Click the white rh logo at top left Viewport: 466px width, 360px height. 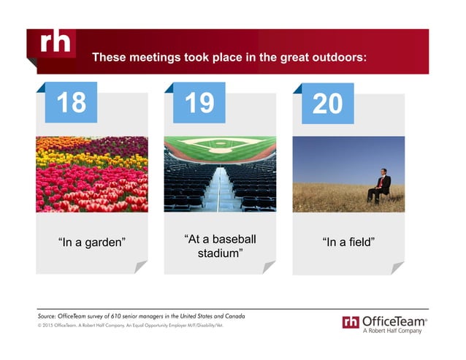(56, 45)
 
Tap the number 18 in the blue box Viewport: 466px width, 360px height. (71, 103)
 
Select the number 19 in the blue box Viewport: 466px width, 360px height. (199, 103)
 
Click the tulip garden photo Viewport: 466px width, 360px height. (91, 174)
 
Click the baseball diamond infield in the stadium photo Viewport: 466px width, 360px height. (220, 144)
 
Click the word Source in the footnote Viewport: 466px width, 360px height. (49, 315)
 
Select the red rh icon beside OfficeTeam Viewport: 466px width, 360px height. (351, 322)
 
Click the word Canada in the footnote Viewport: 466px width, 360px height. (232, 315)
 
